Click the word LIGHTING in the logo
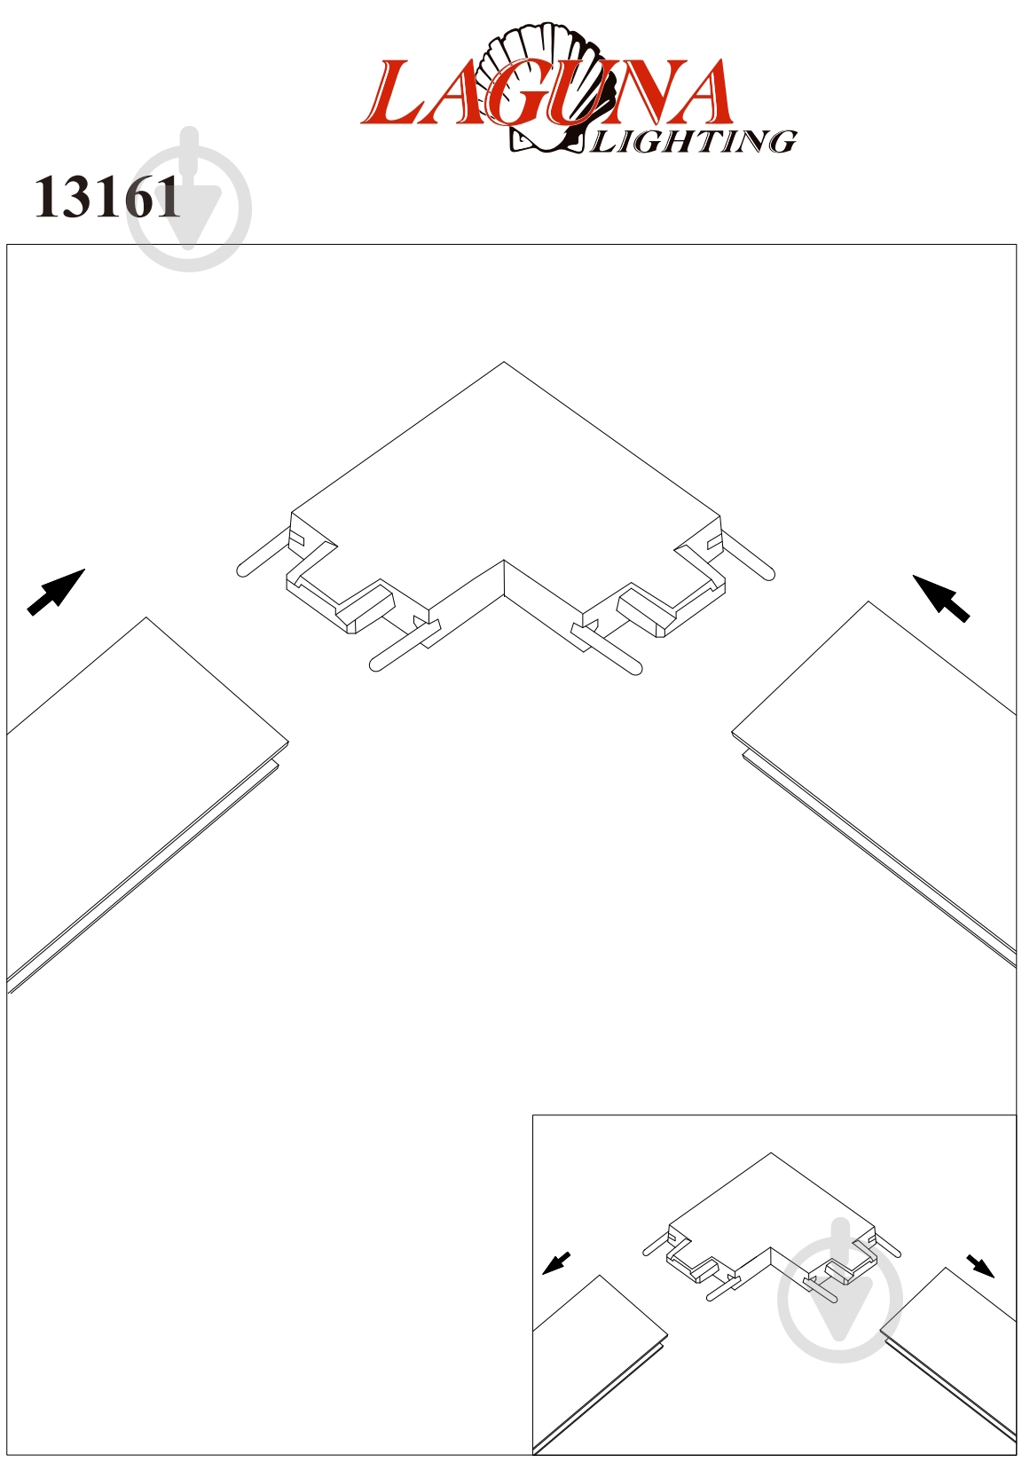[693, 141]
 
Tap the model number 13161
[107, 198]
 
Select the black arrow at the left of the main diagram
[56, 592]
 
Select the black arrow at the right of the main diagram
[940, 598]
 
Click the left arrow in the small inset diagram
[556, 1263]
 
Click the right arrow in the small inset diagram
[980, 1266]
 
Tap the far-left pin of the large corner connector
[263, 552]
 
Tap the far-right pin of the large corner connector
[748, 555]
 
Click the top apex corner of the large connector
[504, 362]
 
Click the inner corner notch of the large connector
[504, 561]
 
